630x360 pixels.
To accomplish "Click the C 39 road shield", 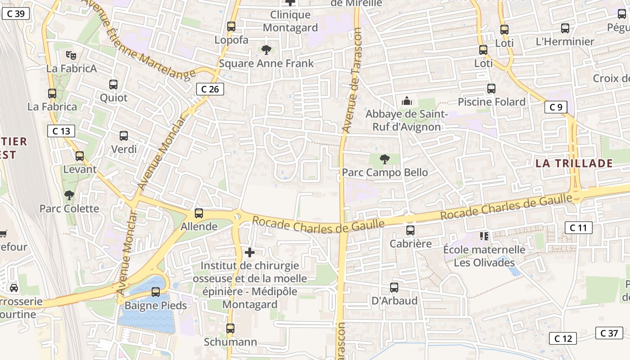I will pos(16,13).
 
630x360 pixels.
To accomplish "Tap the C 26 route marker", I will pos(210,89).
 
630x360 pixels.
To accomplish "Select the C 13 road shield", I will pos(61,131).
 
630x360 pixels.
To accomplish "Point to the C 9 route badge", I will pos(556,107).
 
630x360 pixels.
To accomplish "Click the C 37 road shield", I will pos(609,333).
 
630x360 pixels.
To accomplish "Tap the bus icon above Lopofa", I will pos(231,27).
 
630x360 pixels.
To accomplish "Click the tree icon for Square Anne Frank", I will pos(266,49).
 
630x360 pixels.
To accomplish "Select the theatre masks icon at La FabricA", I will pos(71,55).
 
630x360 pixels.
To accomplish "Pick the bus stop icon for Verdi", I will pos(124,135).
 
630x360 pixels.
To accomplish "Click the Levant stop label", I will pos(80,170).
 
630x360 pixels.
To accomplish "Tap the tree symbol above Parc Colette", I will pos(69,195).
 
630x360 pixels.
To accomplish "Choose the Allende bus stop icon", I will pos(198,213).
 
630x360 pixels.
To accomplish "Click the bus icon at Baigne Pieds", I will pos(156,292).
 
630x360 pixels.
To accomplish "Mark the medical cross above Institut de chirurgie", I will pos(250,252).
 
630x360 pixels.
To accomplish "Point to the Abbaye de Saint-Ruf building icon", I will pos(407,101).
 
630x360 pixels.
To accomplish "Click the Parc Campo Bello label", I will pos(385,172).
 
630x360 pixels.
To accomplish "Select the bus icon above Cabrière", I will pos(410,230).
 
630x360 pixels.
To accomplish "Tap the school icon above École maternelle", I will pos(484,236).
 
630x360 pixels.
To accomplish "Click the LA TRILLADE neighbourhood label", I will pos(574,163).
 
